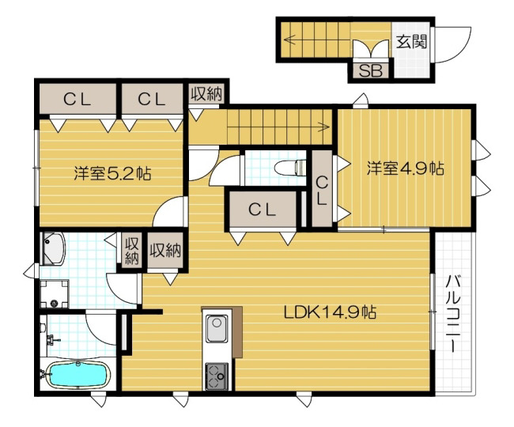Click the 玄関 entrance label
pyautogui.click(x=411, y=41)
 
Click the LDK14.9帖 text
pyautogui.click(x=330, y=312)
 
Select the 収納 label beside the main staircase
pyautogui.click(x=206, y=94)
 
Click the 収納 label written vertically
pyautogui.click(x=130, y=251)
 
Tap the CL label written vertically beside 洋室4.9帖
pyautogui.click(x=322, y=191)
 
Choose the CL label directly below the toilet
pyautogui.click(x=260, y=210)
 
